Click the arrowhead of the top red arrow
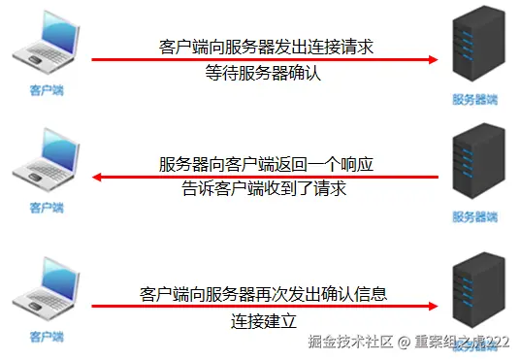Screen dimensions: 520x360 pyautogui.click(x=433, y=59)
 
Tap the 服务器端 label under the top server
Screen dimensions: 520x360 pyautogui.click(x=474, y=98)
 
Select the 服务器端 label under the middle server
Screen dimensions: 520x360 pyautogui.click(x=474, y=214)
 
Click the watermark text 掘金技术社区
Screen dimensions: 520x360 pyautogui.click(x=350, y=342)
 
